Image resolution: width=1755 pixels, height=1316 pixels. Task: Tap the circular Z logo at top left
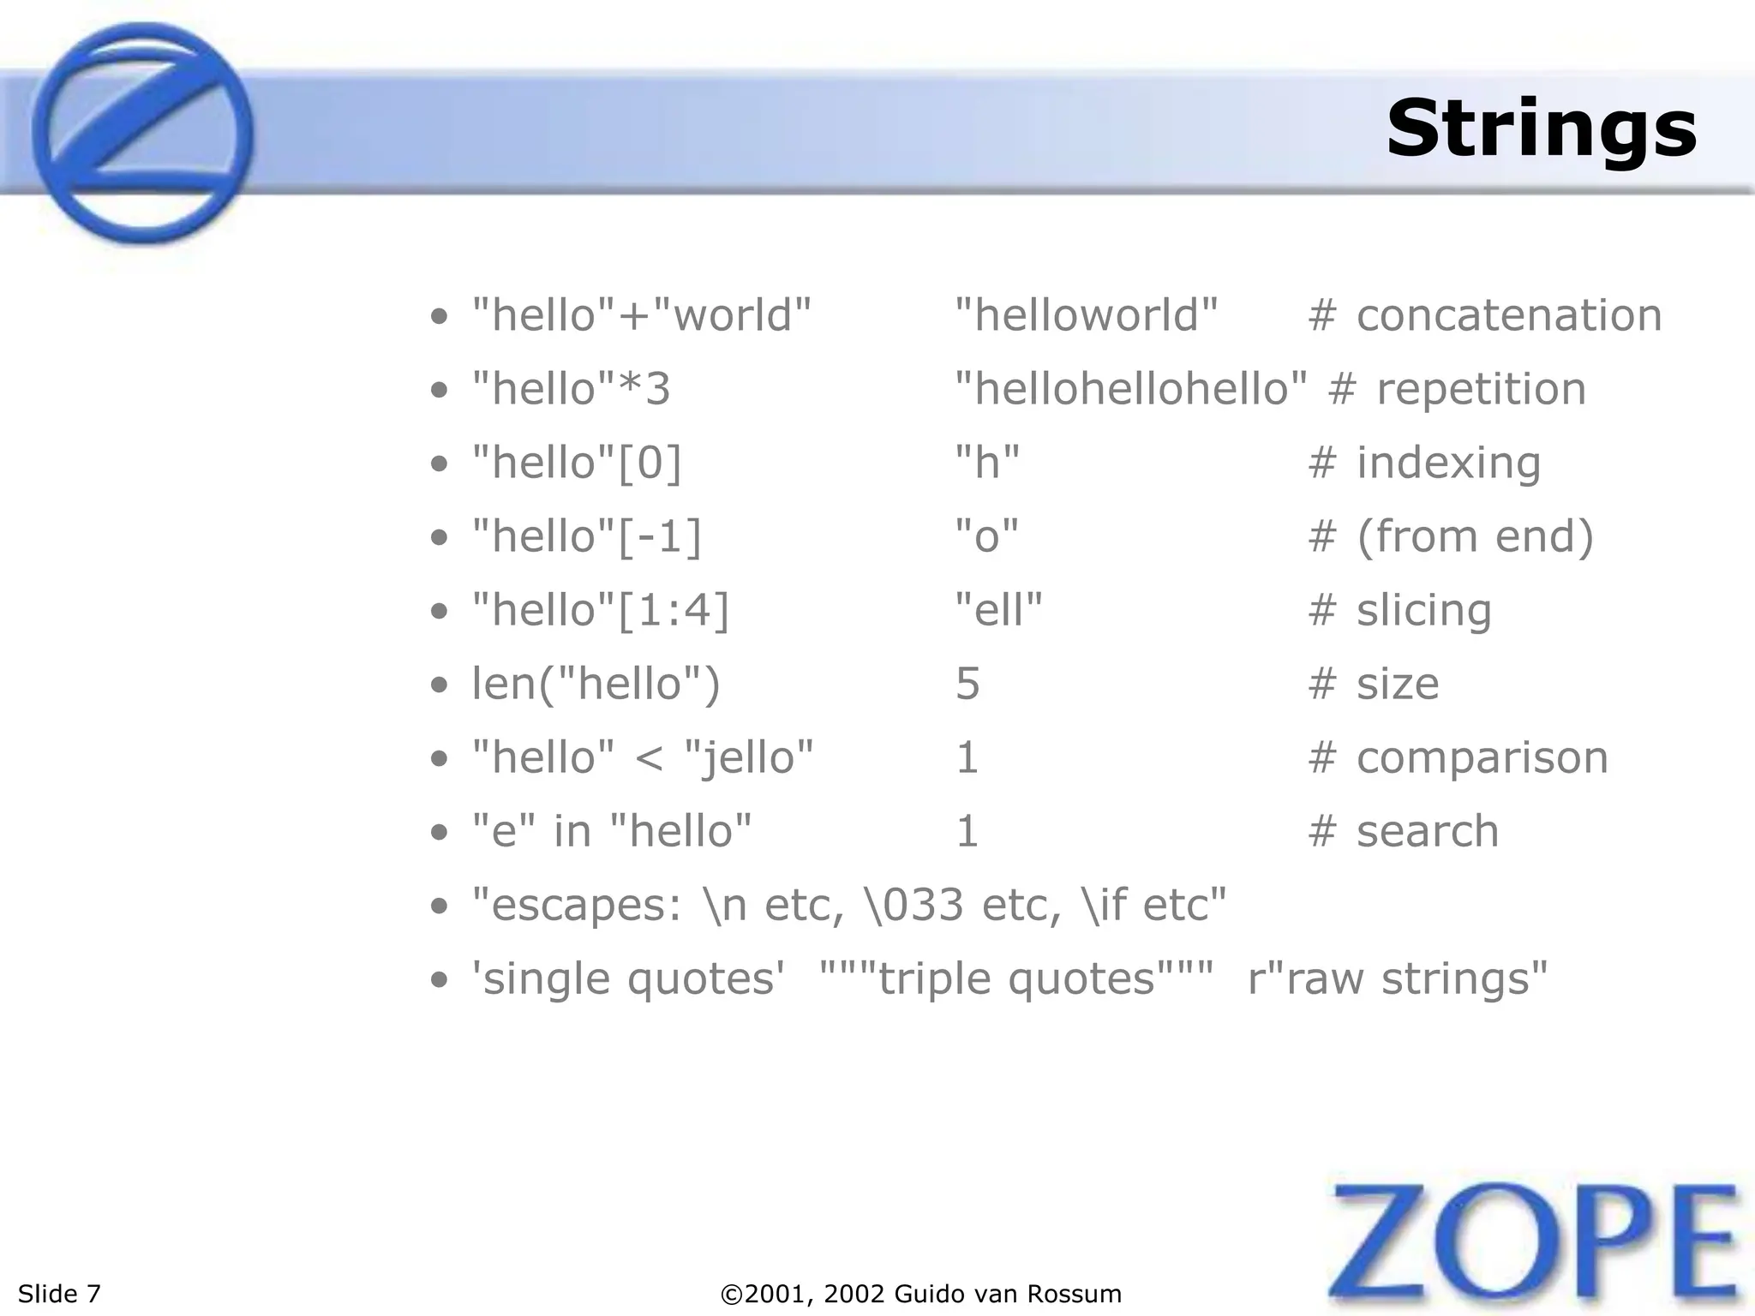[x=143, y=134]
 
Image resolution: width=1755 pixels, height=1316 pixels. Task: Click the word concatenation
[x=1509, y=315]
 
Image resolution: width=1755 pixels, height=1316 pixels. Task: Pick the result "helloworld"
[x=1086, y=315]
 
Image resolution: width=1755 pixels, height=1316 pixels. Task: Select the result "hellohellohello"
[x=1131, y=389]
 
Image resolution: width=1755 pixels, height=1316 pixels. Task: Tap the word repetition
[x=1481, y=389]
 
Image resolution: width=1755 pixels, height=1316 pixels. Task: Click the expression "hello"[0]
[x=578, y=463]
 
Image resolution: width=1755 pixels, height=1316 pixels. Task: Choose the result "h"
[x=987, y=463]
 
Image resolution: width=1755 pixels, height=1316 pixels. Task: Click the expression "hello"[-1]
[x=587, y=536]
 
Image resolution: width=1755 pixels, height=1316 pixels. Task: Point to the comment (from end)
[x=1475, y=536]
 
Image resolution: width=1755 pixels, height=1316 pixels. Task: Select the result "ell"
[x=998, y=610]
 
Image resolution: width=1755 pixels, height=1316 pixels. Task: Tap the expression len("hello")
[x=596, y=684]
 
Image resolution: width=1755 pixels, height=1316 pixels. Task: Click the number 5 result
[x=967, y=684]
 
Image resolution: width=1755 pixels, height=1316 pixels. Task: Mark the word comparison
[x=1482, y=757]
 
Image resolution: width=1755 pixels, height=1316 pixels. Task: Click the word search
[x=1428, y=831]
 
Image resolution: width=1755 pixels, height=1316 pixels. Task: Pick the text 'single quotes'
[x=628, y=978]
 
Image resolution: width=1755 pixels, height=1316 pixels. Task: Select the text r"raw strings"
[x=1398, y=978]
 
